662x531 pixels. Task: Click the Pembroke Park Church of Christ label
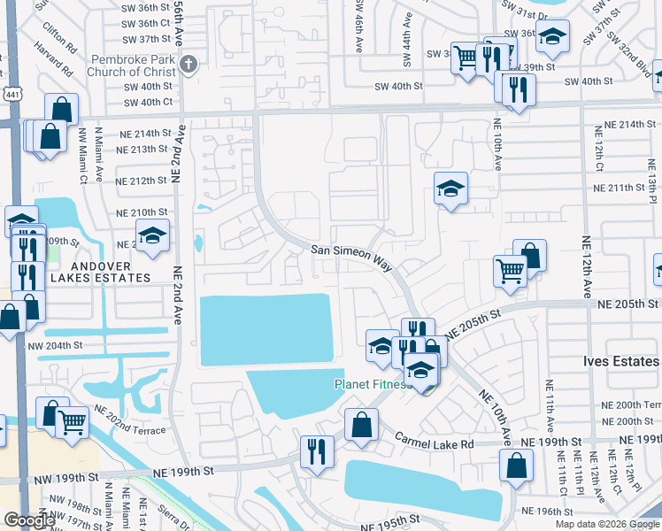point(133,65)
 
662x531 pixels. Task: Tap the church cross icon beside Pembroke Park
point(188,64)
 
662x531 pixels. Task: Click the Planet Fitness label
point(372,384)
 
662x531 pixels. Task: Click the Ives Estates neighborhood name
point(621,361)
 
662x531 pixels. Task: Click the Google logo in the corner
point(29,520)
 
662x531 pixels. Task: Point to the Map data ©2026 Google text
point(607,524)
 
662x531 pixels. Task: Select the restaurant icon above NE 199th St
point(316,450)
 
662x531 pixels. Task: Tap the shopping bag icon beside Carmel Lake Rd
point(361,424)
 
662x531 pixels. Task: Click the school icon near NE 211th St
point(450,188)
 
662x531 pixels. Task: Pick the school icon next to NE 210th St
point(153,235)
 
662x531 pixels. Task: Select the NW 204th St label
point(55,346)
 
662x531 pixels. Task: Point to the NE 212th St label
point(142,181)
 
